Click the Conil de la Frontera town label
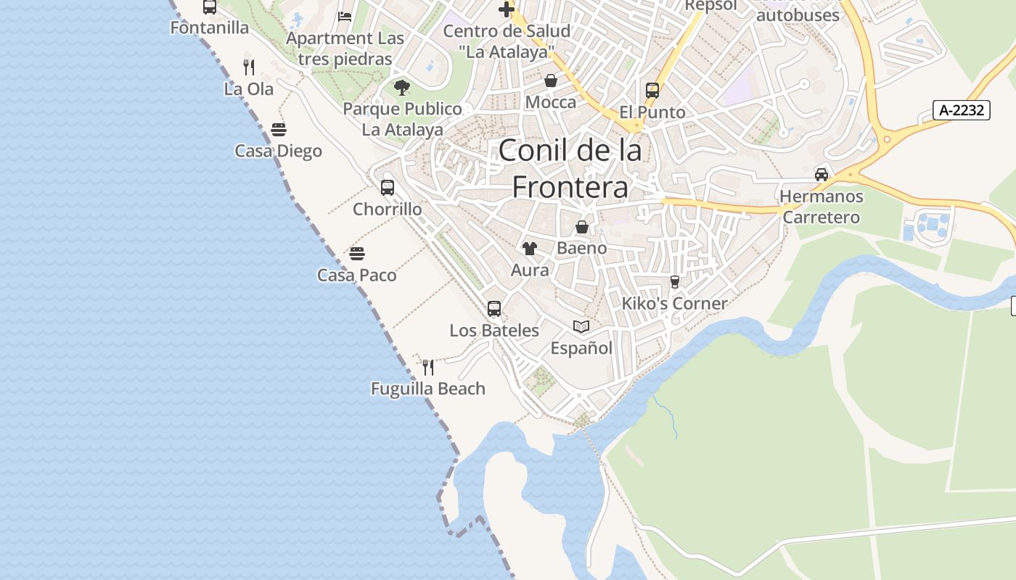coord(570,168)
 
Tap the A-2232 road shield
coord(962,110)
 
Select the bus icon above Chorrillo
coord(388,188)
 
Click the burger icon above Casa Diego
coord(279,130)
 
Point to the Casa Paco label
coord(357,275)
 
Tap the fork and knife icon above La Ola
coord(249,67)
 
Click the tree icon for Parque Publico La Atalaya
coord(402,88)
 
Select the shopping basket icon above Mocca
coord(551,80)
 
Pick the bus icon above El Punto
coord(652,91)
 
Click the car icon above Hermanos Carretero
coord(822,174)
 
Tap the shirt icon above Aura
coord(530,249)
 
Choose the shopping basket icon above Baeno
coord(582,227)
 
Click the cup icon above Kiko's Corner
coord(675,282)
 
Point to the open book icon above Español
coord(581,326)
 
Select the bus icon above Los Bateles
coord(494,309)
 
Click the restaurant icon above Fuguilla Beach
coord(428,368)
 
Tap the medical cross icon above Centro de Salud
coord(507,9)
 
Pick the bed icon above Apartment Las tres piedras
coord(345,17)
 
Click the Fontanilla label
coord(210,28)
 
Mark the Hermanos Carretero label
coord(822,207)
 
